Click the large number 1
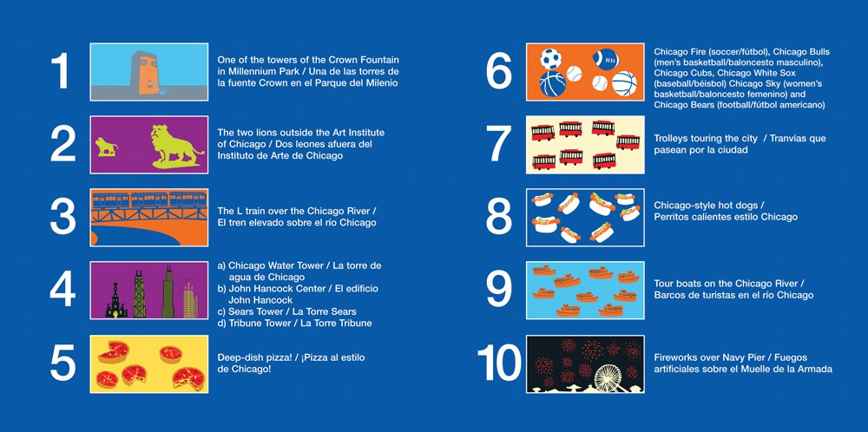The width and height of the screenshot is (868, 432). pos(61,71)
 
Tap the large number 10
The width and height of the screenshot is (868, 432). pos(499,363)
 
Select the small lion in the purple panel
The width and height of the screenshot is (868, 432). pos(106,147)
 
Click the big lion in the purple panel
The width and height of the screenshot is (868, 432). pos(176,146)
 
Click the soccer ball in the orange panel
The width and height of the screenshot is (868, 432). pos(550,58)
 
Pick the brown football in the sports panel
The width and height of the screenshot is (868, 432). pos(605,58)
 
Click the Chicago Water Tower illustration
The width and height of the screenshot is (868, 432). pos(115,300)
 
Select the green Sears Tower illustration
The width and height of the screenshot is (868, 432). pos(168,292)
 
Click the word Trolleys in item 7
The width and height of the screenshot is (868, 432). pos(671,138)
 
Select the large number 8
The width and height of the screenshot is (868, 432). pos(499,218)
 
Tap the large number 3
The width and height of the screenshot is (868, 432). pos(62,218)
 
